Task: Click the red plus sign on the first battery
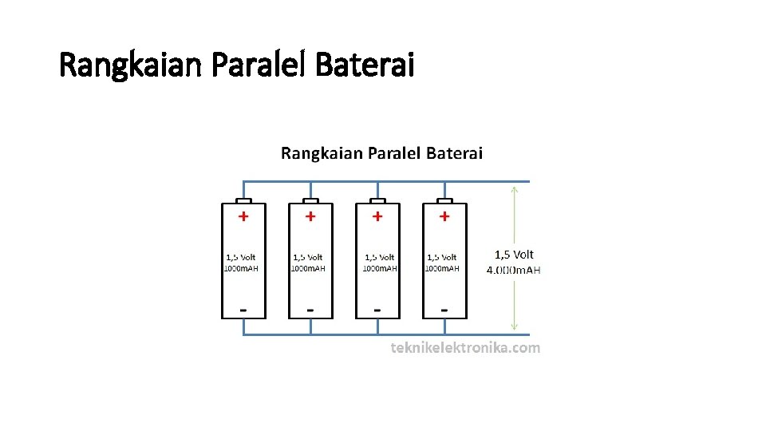(x=243, y=215)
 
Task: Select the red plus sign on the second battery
(x=310, y=215)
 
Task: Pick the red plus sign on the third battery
(x=377, y=215)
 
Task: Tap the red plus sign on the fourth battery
(x=444, y=215)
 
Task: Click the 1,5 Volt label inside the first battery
(x=241, y=258)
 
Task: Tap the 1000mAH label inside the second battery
(x=308, y=269)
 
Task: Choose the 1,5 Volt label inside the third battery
(x=379, y=258)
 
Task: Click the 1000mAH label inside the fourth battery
(x=442, y=269)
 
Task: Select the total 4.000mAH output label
(x=513, y=270)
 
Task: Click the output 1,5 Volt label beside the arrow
(x=514, y=255)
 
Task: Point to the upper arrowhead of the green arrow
(x=514, y=190)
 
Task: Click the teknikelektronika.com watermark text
(x=465, y=348)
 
